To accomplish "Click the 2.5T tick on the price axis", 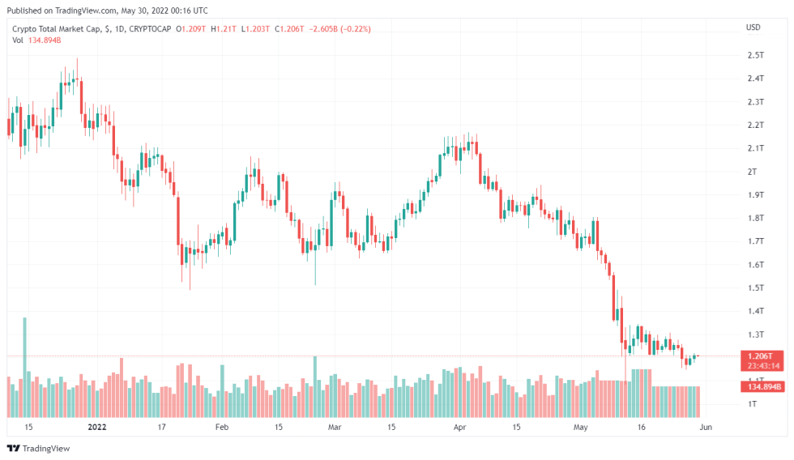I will (756, 55).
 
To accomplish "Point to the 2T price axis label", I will (753, 172).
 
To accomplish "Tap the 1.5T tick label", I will (756, 287).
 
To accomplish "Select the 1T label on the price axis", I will (753, 403).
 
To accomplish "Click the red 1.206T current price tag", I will (759, 356).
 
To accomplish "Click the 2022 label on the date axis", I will (97, 426).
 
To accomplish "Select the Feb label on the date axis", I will (222, 426).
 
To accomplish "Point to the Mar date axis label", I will (335, 426).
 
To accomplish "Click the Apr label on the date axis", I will (460, 426).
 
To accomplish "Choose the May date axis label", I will (580, 426).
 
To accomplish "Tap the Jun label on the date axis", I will (705, 426).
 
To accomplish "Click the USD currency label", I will (753, 28).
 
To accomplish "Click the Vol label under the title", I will (19, 41).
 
